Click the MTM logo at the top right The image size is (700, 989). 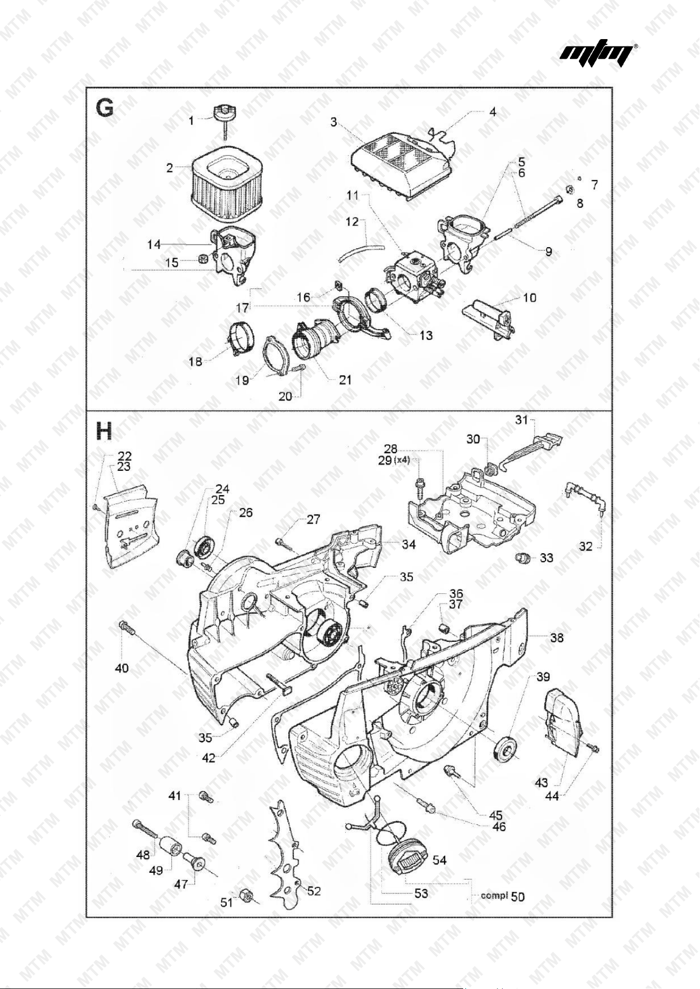598,55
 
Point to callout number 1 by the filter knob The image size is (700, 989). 191,121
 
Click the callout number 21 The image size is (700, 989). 345,380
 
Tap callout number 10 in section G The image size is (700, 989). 529,298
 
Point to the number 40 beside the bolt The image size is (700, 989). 122,668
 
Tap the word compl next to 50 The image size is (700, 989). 494,895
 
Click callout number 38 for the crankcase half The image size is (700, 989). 557,638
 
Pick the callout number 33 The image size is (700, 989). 547,557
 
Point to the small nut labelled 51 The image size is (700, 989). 245,893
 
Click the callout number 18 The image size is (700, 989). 196,361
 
